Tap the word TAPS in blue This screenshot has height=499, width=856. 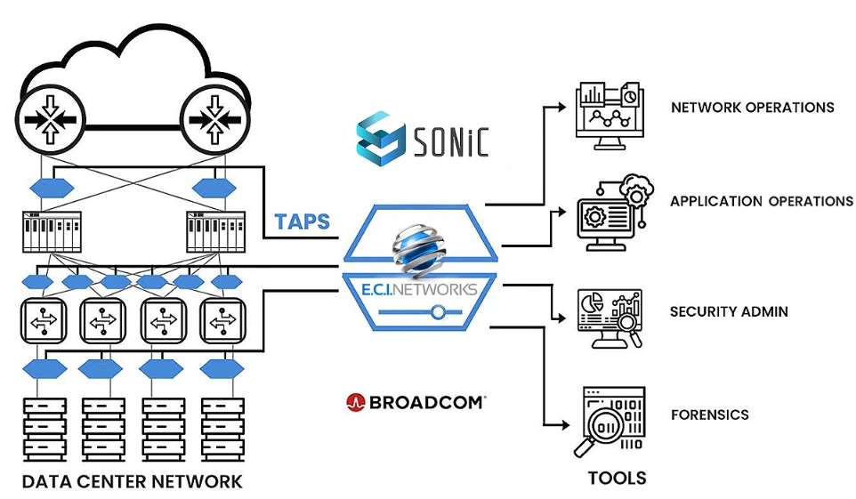(x=303, y=221)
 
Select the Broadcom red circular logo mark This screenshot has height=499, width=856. (x=355, y=402)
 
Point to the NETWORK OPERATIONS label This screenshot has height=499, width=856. (x=752, y=108)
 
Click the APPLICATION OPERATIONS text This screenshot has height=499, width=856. (x=761, y=201)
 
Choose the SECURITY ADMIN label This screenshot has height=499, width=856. (x=729, y=312)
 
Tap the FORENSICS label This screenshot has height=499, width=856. (x=709, y=414)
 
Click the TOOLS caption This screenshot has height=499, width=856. (x=617, y=479)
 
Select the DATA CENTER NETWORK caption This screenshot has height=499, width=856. (x=132, y=482)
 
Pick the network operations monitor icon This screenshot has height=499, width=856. (x=609, y=115)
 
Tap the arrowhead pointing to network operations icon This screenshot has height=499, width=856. (x=561, y=107)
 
